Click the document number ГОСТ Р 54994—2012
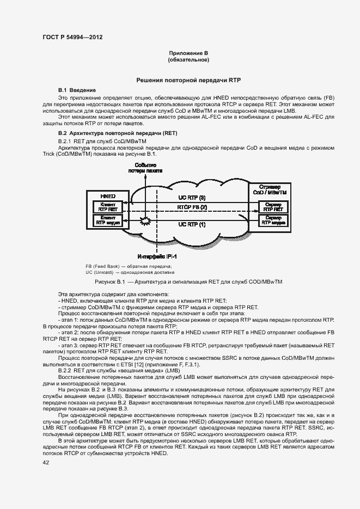coord(72,37)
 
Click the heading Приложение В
coord(189,53)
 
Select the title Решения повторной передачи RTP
coord(189,80)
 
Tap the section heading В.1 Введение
coord(77,89)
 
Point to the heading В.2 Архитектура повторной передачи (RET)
coord(118,133)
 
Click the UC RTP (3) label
coord(192,197)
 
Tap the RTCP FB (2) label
coord(192,207)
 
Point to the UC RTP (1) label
coord(192,224)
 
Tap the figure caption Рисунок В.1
coord(184,281)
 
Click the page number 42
coord(46,462)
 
